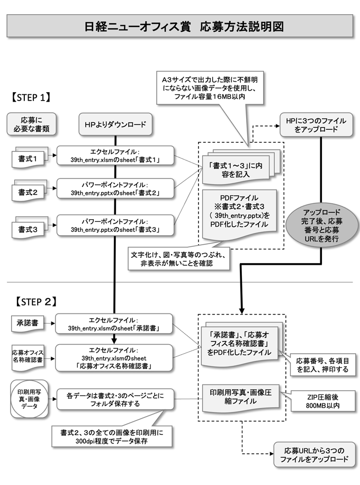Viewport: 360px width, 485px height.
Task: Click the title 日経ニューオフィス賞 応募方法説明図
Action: (x=179, y=27)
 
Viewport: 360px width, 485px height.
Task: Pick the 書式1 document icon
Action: (x=29, y=157)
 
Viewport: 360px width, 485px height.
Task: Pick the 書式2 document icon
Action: (x=29, y=192)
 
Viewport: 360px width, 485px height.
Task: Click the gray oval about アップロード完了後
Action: (x=321, y=224)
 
